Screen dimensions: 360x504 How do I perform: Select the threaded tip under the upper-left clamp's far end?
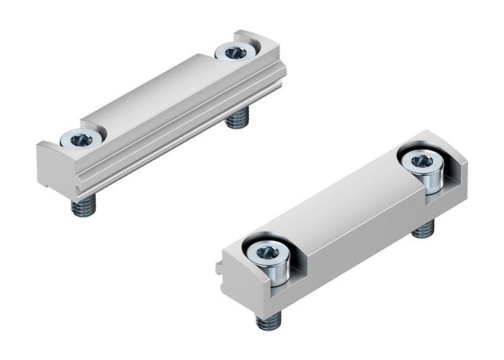click(238, 120)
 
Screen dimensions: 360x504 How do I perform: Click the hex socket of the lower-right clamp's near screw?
click(267, 253)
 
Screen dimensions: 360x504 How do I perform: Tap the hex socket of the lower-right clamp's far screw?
click(420, 160)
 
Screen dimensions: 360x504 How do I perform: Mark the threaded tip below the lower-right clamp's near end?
click(269, 320)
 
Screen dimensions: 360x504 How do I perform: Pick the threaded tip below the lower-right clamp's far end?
click(424, 229)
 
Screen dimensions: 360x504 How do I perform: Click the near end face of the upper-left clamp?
click(54, 169)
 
